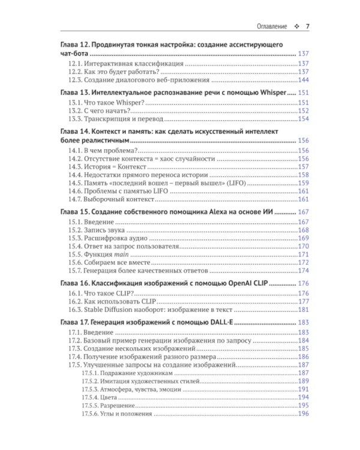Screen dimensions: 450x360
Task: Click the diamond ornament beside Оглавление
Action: point(295,27)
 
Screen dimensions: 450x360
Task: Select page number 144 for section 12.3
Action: point(303,80)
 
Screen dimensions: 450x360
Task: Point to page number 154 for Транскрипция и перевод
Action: point(303,119)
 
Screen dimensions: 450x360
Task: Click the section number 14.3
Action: point(75,167)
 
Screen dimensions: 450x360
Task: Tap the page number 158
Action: point(303,175)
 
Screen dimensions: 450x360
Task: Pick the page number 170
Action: point(303,246)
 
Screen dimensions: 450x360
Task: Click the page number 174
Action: point(303,271)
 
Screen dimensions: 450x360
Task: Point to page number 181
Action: point(303,310)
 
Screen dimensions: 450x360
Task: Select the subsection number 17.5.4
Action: point(89,397)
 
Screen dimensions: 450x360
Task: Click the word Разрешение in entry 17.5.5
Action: point(116,406)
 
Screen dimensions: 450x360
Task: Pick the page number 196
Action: point(303,414)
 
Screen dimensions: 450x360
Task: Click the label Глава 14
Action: point(74,132)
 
